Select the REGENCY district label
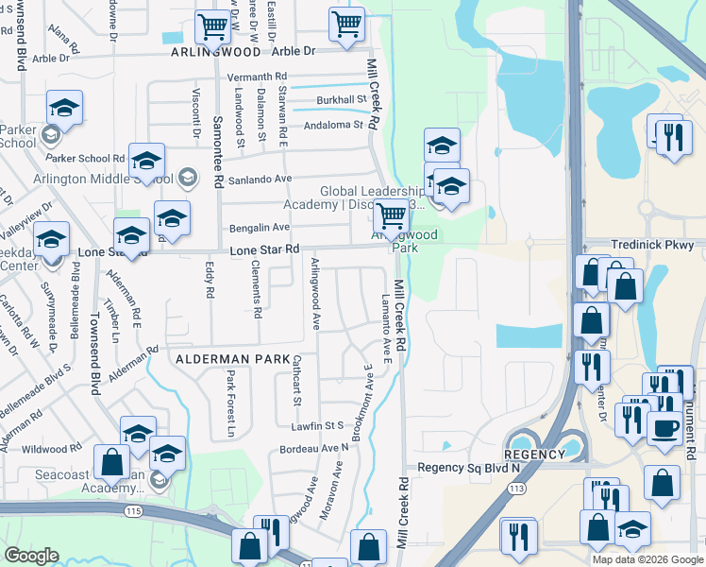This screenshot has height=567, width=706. coord(533,455)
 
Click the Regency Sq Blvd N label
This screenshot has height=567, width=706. coord(469,468)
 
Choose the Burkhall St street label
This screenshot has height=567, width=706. coord(342,99)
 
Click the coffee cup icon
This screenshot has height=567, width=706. coord(664,426)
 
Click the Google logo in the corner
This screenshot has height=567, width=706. coord(31,555)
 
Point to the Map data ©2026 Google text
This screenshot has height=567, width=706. coord(647,559)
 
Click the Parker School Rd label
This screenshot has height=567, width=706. coord(86,158)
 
